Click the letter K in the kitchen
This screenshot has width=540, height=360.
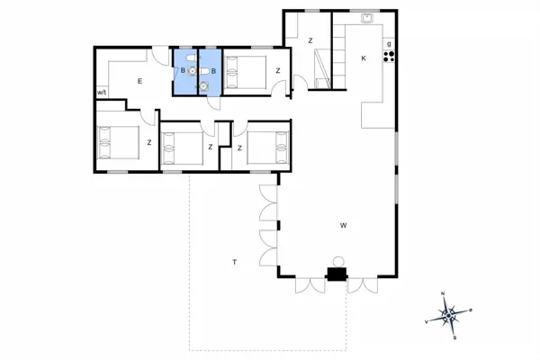tap(364, 58)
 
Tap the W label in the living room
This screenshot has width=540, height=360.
tap(343, 225)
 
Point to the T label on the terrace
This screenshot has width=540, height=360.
tap(234, 262)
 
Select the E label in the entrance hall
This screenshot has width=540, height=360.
tap(140, 82)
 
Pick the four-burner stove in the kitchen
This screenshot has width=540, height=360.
tap(390, 57)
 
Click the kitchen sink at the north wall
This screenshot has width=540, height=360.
tap(368, 19)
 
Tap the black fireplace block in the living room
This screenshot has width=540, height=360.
tap(337, 275)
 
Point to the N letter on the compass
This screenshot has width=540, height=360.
tap(444, 295)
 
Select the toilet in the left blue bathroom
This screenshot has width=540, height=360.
tap(192, 69)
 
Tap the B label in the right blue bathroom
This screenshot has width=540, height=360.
tap(212, 71)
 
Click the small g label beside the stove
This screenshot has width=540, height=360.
tap(389, 43)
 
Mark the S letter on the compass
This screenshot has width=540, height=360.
tap(454, 337)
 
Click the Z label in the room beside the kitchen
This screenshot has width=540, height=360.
tap(309, 41)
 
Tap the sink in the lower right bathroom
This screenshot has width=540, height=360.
tap(204, 86)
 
